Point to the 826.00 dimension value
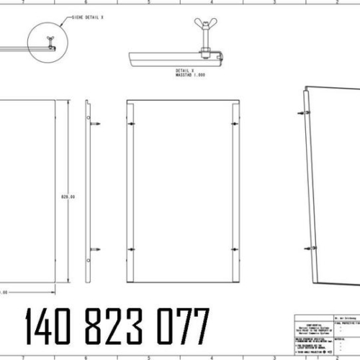(68, 195)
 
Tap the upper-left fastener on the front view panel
(131, 124)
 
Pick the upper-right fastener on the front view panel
(233, 124)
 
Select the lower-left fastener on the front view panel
(131, 250)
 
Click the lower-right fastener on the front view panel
(233, 250)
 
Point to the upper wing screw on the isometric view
(302, 113)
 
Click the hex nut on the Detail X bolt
(206, 52)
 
